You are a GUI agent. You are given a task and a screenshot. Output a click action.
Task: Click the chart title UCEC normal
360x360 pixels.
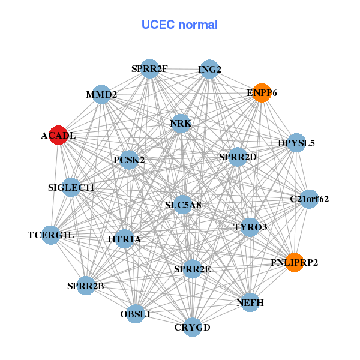click(179, 25)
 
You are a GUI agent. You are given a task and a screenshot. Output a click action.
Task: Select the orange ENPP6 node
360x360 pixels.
click(262, 93)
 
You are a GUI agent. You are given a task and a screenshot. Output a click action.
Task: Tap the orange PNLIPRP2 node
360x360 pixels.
click(294, 262)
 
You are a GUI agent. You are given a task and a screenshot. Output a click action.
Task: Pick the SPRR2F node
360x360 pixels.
click(149, 69)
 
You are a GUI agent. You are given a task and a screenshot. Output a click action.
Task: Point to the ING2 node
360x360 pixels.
click(209, 69)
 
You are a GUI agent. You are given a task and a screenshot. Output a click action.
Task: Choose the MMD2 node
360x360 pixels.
click(101, 94)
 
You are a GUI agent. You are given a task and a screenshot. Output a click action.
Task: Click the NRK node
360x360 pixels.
click(181, 124)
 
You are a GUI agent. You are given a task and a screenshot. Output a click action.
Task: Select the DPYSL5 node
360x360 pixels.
click(296, 143)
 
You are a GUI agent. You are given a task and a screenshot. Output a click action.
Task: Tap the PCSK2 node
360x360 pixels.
click(129, 160)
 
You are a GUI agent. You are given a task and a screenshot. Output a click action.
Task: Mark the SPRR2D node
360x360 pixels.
click(238, 157)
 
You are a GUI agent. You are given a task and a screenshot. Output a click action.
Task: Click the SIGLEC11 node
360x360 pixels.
click(71, 188)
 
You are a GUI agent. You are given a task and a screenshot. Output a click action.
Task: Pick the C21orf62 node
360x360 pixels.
click(309, 199)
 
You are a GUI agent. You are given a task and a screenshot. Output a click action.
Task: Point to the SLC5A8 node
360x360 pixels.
click(183, 205)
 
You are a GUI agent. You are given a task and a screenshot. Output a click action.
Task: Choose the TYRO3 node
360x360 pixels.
click(250, 227)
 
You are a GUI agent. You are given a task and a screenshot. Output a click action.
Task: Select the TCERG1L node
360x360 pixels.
click(51, 235)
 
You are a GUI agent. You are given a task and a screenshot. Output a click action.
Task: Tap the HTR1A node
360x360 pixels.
click(125, 239)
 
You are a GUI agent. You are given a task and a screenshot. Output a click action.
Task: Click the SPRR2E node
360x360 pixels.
click(192, 268)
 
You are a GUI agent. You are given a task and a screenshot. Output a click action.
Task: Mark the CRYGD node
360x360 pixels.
click(192, 327)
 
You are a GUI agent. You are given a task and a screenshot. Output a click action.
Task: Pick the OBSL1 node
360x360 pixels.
click(136, 313)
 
